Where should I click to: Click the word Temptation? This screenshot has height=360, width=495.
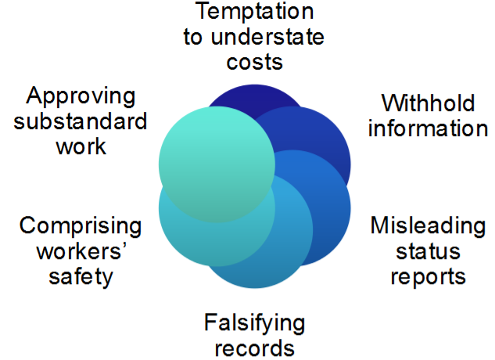point(255,13)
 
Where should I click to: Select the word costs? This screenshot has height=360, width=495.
point(255,61)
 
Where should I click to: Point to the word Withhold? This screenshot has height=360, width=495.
point(427,104)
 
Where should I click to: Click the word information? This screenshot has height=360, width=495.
point(428,128)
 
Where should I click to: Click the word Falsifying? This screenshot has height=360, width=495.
point(255,322)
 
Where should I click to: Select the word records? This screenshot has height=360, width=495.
point(255,346)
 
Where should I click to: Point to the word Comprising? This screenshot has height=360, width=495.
point(81,227)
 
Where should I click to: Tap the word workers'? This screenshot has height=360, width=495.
point(81,252)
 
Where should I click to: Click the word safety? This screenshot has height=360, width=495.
point(81,276)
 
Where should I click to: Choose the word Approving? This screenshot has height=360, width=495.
point(81,97)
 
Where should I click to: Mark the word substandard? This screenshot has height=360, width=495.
point(81,122)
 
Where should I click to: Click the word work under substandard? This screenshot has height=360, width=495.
point(81,146)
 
